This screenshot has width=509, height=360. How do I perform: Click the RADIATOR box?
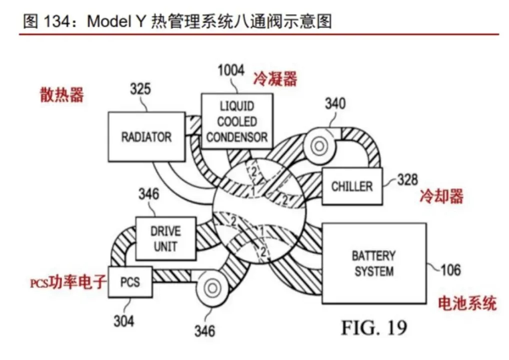pos(146,136)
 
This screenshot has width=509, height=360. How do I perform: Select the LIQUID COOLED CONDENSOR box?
pos(237,121)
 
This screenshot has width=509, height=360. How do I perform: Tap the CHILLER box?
pos(352,186)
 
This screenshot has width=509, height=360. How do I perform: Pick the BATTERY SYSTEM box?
pos(374,263)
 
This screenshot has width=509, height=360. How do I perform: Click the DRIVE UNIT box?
pos(165,238)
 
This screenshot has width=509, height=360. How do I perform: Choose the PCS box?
pos(130,282)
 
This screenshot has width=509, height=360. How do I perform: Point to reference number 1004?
pos(231,70)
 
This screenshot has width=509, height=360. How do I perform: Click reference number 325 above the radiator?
pos(140,88)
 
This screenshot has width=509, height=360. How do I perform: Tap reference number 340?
pos(335,103)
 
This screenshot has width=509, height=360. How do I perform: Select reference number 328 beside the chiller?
pos(407,179)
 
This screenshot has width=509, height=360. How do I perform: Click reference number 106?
pos(450,270)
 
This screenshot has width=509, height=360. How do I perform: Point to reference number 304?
pos(123,321)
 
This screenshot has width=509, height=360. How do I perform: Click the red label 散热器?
pos(61,95)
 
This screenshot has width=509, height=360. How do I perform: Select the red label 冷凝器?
pos(275,79)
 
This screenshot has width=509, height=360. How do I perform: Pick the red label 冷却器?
pos(441,196)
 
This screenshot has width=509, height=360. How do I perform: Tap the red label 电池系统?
pos(467,303)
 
